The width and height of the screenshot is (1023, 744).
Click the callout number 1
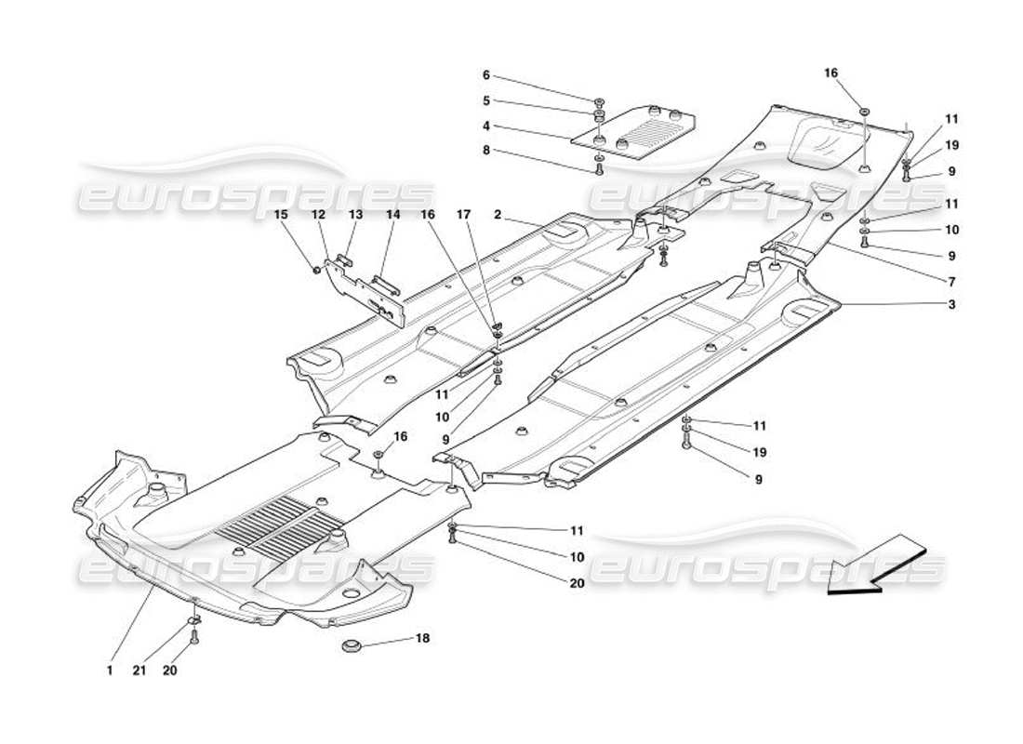[x=109, y=669]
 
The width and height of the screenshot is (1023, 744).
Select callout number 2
[x=498, y=215]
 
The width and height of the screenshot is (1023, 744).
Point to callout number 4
[x=485, y=126]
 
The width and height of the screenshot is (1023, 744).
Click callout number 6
[x=485, y=75]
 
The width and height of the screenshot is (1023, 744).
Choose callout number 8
[x=485, y=150]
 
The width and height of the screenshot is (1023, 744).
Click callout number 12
[x=318, y=215]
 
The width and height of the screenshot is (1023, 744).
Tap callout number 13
[x=355, y=215]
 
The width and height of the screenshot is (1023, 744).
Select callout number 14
[x=392, y=215]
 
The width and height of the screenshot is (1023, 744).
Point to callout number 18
[x=423, y=639]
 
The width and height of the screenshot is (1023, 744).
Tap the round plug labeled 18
[x=352, y=644]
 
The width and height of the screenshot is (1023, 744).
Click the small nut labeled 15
[x=317, y=271]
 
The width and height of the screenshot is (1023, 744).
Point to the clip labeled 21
[x=194, y=619]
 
